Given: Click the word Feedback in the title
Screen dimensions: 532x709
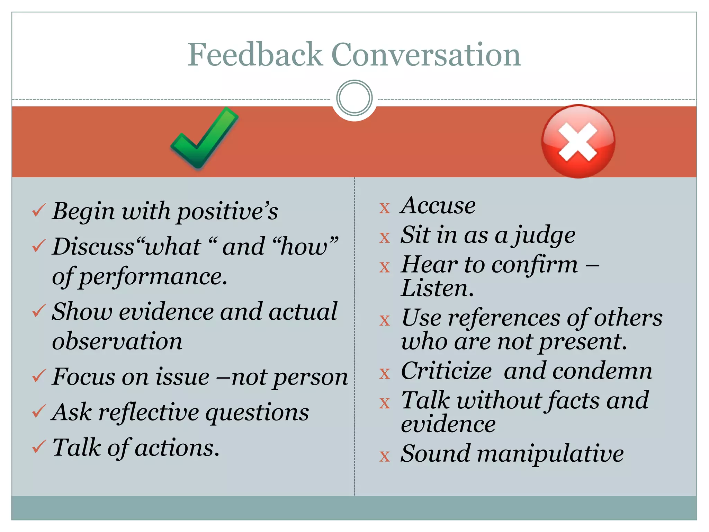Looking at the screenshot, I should point(255,54).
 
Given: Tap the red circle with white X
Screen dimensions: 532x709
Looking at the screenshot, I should point(578,141).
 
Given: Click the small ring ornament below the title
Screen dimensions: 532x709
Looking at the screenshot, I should point(354,98).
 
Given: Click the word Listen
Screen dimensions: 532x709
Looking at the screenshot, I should point(437,289).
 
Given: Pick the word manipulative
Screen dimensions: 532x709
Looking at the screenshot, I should point(550,454).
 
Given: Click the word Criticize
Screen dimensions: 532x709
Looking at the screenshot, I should point(446,371).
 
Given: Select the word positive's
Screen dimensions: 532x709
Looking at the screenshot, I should point(227,212).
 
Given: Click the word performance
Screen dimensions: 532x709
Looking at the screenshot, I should point(153,277).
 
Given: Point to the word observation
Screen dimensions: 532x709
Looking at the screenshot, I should point(117,342).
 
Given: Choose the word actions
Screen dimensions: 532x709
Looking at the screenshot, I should point(177,448).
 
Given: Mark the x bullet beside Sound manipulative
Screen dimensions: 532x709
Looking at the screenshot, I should point(385,456).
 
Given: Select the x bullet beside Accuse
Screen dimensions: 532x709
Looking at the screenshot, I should point(385,208).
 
